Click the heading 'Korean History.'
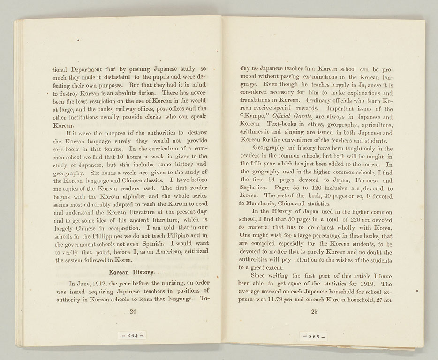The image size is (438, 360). click(x=132, y=272)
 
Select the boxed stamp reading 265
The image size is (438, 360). click(x=313, y=336)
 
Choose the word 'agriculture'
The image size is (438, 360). click(x=373, y=124)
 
